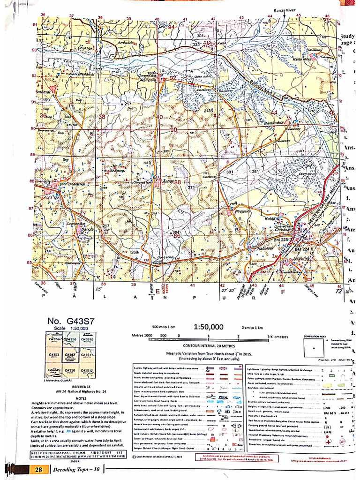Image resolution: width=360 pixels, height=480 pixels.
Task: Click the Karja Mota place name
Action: [x=304, y=59]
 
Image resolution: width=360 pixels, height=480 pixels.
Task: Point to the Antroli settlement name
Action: [x=155, y=180]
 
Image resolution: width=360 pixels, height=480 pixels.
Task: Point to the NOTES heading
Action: [x=69, y=398]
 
